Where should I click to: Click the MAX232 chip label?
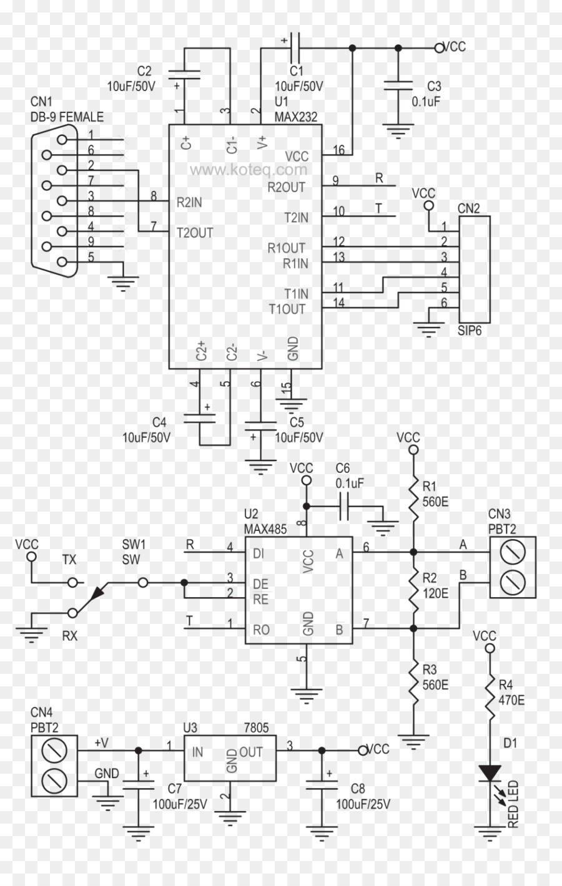[296, 116]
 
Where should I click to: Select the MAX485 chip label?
[265, 529]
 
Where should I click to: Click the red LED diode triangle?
[490, 774]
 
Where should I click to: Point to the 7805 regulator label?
[256, 728]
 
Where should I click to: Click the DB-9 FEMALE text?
[67, 117]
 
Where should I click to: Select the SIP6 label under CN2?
[470, 331]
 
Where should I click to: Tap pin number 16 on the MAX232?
[338, 150]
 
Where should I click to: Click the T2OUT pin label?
[194, 233]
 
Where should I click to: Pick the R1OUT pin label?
[287, 248]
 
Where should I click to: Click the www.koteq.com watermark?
[249, 169]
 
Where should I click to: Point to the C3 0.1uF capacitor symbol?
[398, 85]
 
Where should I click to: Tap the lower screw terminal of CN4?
[54, 779]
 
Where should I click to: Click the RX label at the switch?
[69, 636]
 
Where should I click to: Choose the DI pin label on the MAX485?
[259, 553]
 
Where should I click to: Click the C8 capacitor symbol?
[321, 783]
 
